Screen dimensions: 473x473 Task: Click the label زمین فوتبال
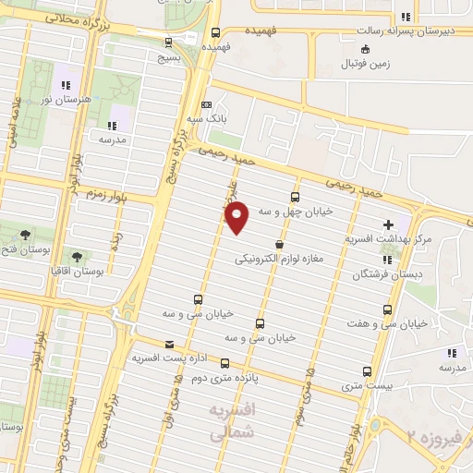click(x=365, y=64)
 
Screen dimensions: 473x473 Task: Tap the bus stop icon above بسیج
click(x=167, y=41)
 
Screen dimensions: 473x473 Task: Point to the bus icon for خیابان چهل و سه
click(x=295, y=197)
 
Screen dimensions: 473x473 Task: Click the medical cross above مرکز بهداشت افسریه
click(x=389, y=224)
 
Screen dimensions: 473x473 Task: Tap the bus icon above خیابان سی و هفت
click(x=386, y=309)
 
